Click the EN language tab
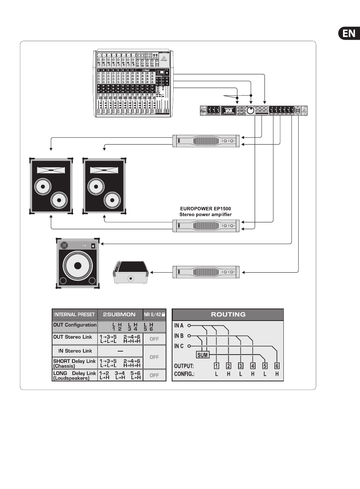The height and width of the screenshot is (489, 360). tap(349, 33)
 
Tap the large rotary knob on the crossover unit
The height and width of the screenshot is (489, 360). tap(250, 111)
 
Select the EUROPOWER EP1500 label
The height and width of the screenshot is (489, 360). tap(205, 208)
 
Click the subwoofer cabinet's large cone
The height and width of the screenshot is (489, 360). tap(78, 265)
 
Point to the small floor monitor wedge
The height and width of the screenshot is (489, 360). tap(130, 272)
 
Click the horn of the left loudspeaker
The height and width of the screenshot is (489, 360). tap(51, 171)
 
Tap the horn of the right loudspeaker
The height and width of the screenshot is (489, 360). tap(104, 171)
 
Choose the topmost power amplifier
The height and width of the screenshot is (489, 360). tap(206, 141)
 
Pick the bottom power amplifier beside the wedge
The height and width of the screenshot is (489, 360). tap(206, 272)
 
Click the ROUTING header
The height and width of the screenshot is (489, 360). tap(228, 315)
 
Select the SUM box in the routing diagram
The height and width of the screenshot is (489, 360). tap(203, 355)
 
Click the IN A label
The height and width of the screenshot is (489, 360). tap(179, 325)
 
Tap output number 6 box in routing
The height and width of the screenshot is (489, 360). tap(277, 366)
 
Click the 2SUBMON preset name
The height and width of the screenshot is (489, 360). tap(119, 315)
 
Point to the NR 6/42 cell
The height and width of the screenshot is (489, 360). tap(154, 315)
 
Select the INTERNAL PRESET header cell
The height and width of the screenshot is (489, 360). tap(74, 315)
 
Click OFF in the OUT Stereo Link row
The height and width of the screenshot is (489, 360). tap(154, 339)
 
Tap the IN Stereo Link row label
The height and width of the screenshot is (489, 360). tap(75, 351)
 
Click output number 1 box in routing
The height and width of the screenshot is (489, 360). tap(217, 366)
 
